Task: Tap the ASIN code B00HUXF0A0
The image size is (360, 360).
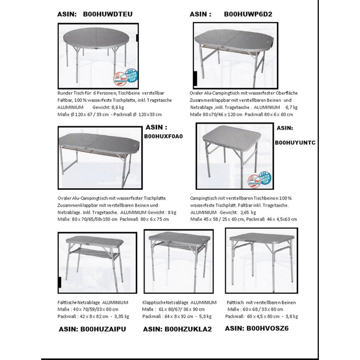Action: click(164, 136)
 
